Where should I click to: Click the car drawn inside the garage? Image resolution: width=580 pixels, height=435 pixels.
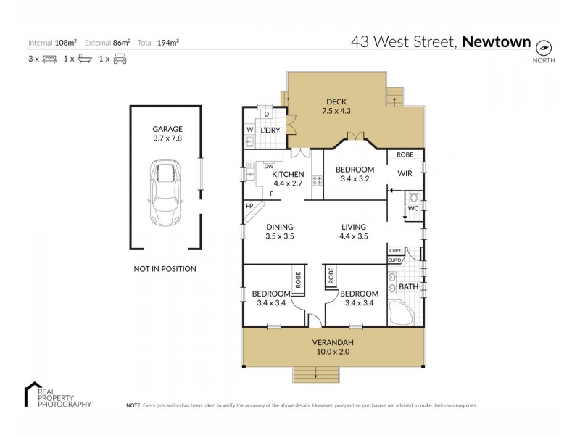(166, 193)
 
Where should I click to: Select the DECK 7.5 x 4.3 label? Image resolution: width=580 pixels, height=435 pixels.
(336, 107)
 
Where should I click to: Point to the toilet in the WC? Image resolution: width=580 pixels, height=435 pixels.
(413, 197)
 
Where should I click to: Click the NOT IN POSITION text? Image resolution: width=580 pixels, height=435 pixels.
(165, 268)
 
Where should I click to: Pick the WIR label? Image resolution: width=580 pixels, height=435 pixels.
(405, 174)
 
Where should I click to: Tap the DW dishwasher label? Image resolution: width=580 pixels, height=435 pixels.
(268, 165)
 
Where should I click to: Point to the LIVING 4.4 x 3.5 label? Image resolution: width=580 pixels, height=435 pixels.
(353, 231)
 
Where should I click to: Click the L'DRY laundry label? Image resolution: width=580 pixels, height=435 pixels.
(270, 129)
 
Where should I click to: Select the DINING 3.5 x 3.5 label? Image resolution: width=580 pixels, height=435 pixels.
(278, 231)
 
